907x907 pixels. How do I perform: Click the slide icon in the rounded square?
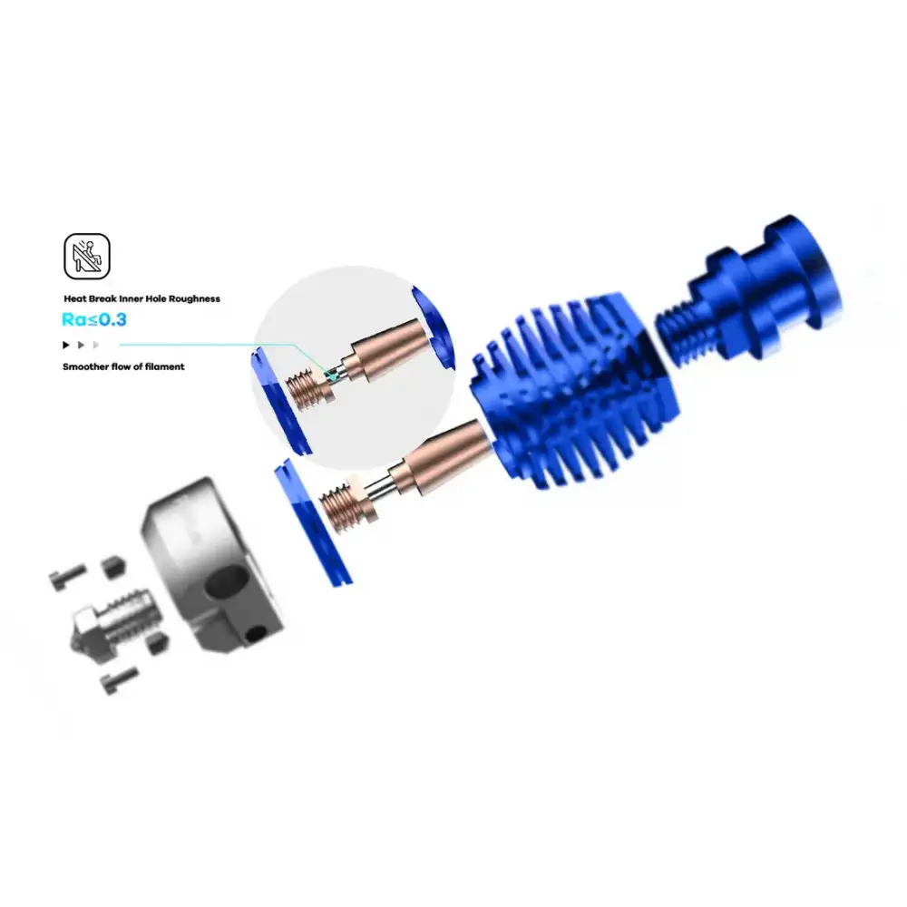click(87, 257)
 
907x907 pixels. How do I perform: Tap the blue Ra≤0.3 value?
click(94, 319)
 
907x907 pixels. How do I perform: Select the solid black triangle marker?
click(66, 345)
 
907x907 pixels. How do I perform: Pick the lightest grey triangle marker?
click(96, 345)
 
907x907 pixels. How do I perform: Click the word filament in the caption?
click(165, 366)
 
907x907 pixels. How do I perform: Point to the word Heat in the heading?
click(75, 299)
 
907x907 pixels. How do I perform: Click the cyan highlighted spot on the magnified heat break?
click(331, 376)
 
